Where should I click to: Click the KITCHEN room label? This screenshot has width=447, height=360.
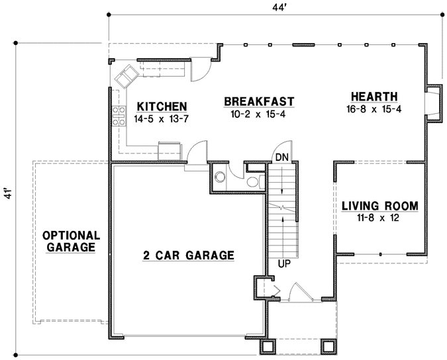pyautogui.click(x=161, y=107)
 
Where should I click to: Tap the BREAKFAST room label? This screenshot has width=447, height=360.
pyautogui.click(x=259, y=101)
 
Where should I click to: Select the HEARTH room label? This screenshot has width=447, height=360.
pyautogui.click(x=374, y=96)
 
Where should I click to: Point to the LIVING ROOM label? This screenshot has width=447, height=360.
pyautogui.click(x=379, y=206)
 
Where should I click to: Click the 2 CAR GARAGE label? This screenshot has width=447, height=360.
pyautogui.click(x=189, y=255)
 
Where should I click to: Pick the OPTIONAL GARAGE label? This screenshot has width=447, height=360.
pyautogui.click(x=71, y=241)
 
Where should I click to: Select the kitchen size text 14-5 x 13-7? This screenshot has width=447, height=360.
pyautogui.click(x=161, y=120)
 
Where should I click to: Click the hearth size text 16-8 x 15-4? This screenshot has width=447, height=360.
pyautogui.click(x=374, y=109)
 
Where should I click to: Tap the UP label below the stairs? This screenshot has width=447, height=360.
pyautogui.click(x=283, y=264)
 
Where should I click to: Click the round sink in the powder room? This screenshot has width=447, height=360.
pyautogui.click(x=219, y=175)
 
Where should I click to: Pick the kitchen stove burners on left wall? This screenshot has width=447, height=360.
pyautogui.click(x=119, y=116)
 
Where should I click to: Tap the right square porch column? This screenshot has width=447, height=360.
pyautogui.click(x=328, y=346)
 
